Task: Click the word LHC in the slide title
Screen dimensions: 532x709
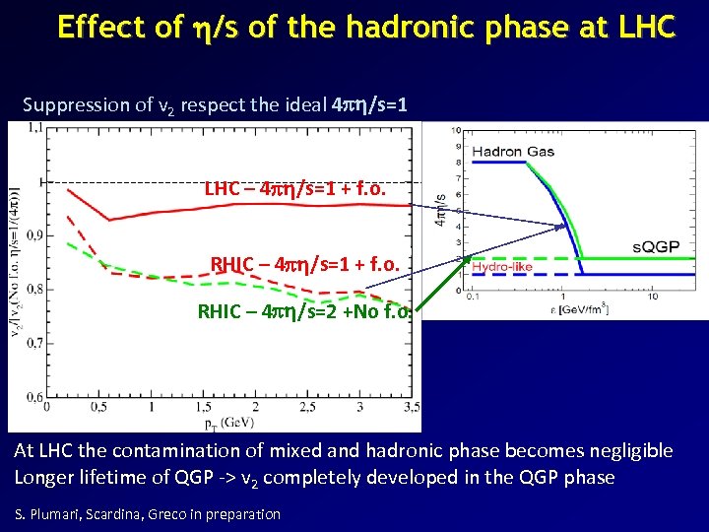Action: [643, 27]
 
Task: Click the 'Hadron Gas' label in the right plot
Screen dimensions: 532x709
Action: [511, 152]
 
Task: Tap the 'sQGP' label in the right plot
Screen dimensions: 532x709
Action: [655, 246]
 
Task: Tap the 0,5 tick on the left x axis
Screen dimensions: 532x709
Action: [99, 407]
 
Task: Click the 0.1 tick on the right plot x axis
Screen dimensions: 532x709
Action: [472, 295]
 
